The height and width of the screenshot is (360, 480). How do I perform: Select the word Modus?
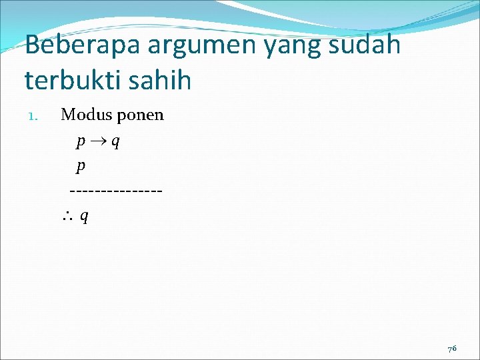(86, 115)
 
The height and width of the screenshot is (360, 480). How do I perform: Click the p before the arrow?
(81, 142)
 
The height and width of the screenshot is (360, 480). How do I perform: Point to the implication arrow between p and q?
(98, 141)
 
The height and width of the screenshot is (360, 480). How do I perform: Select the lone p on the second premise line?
(81, 167)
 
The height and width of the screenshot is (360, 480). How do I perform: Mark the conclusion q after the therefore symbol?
(85, 216)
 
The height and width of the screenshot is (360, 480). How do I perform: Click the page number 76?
(452, 349)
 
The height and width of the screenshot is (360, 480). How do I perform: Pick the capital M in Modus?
(68, 115)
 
